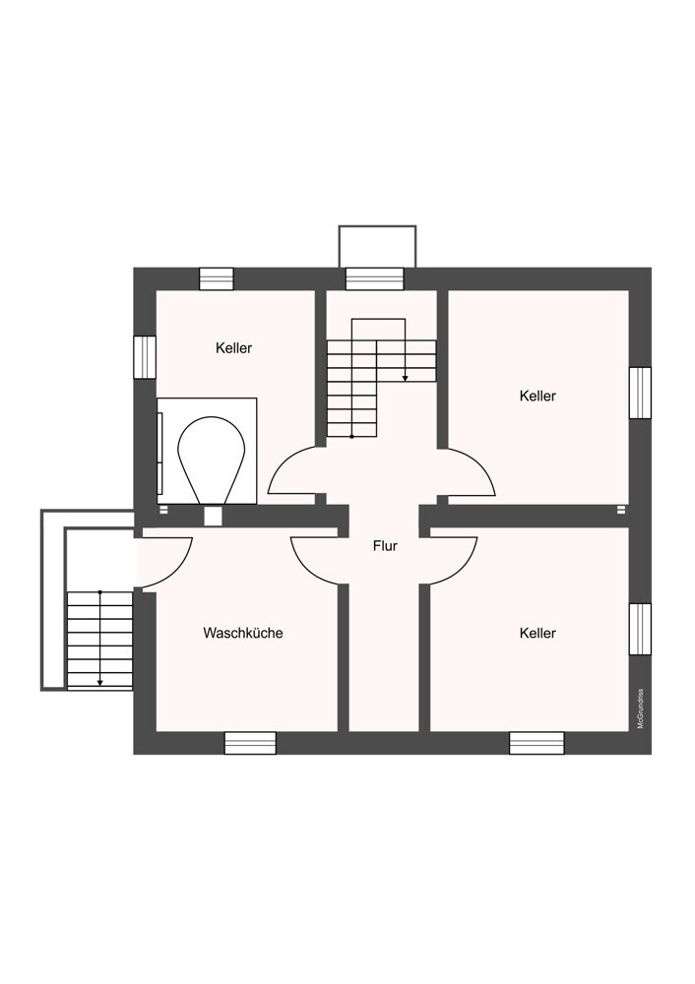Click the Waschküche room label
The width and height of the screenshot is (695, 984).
(x=243, y=633)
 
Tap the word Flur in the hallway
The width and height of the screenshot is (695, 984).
(x=385, y=546)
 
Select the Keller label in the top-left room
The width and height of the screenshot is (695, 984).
(x=233, y=347)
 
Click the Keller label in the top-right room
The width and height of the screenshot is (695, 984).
(x=537, y=396)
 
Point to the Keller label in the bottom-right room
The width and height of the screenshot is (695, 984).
(x=537, y=633)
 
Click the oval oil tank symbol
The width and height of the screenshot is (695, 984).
(x=211, y=460)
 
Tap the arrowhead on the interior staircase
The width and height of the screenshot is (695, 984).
(x=405, y=378)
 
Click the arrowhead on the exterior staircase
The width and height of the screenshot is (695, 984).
(x=99, y=682)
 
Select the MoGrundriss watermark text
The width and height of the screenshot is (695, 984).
(x=641, y=708)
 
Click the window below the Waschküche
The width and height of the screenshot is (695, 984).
(x=250, y=743)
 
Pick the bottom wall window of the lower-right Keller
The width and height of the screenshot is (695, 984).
(x=537, y=743)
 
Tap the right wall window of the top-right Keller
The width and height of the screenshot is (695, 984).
(x=641, y=393)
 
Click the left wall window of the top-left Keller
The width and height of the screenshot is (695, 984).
(x=145, y=357)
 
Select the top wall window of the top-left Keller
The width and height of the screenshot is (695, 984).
(x=217, y=278)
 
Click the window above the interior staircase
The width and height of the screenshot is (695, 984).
(x=375, y=278)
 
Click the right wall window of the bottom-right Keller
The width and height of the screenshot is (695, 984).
(x=641, y=629)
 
